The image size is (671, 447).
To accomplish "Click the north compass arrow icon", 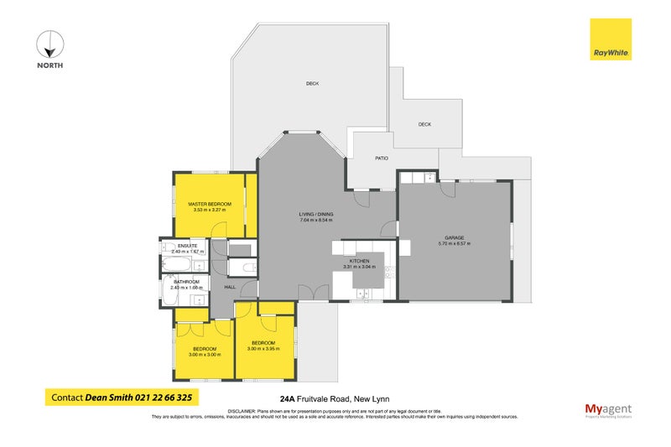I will point(49,44).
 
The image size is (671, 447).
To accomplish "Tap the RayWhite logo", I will point(611,39).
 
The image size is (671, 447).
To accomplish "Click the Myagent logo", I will point(609,410).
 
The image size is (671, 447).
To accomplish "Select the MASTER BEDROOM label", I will point(209,204).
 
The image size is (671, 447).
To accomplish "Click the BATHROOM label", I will point(185,282).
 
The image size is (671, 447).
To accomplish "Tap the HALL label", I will point(229,288).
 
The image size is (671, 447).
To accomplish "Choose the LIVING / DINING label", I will point(316,215).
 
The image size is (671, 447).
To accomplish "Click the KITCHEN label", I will point(360,262).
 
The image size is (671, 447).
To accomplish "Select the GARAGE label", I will point(454,237).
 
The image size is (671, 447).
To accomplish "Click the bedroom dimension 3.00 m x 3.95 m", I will point(265,348).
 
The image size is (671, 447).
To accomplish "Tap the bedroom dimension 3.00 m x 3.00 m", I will point(205,354).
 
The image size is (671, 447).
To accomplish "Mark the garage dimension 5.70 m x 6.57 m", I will point(454,244).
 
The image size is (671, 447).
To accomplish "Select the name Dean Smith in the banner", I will point(108,398).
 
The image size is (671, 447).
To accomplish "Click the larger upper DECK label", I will point(312,83).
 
